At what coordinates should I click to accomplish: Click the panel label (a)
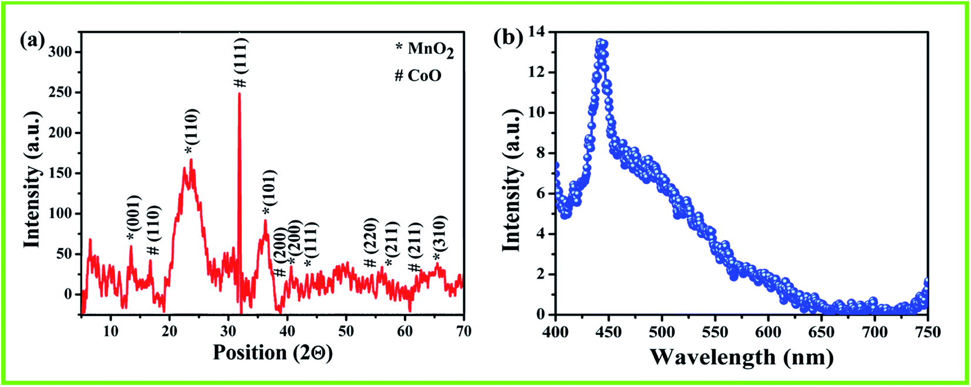click(x=32, y=41)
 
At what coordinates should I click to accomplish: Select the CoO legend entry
click(x=418, y=76)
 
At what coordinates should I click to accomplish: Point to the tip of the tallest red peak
click(x=240, y=94)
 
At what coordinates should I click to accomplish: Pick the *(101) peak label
click(x=268, y=193)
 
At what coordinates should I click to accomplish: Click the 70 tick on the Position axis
click(x=463, y=331)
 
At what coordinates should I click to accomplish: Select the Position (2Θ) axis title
click(x=272, y=352)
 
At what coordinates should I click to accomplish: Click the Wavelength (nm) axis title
click(x=741, y=356)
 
